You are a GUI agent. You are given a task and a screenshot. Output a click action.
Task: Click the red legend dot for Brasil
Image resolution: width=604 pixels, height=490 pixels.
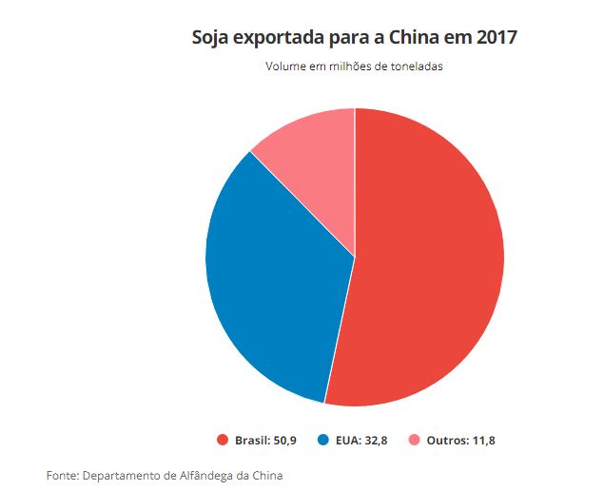pyautogui.click(x=223, y=440)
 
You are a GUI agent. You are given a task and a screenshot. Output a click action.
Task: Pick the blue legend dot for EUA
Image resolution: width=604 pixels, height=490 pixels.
pyautogui.click(x=323, y=440)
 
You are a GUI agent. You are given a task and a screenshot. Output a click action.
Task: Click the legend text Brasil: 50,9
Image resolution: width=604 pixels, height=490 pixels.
pyautogui.click(x=265, y=440)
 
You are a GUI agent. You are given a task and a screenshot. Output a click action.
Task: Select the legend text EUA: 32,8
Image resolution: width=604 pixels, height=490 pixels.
pyautogui.click(x=360, y=440)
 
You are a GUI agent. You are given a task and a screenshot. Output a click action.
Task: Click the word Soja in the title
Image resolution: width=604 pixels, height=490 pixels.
pyautogui.click(x=210, y=38)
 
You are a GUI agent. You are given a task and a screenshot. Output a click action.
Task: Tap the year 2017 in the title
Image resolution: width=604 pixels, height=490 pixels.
pyautogui.click(x=497, y=38)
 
